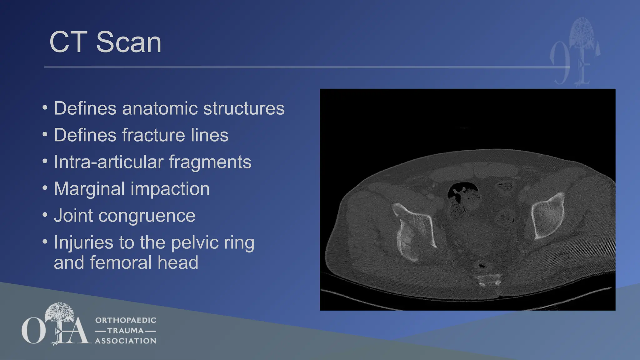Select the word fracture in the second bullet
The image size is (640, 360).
(x=153, y=135)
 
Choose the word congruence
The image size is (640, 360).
(x=147, y=216)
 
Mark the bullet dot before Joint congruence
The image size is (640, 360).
(x=45, y=215)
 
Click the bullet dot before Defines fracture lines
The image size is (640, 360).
(x=45, y=134)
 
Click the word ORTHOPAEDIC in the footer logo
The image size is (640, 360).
(x=126, y=320)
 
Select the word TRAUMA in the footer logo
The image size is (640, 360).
(x=126, y=331)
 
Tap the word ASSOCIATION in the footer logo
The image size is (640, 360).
(x=126, y=341)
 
